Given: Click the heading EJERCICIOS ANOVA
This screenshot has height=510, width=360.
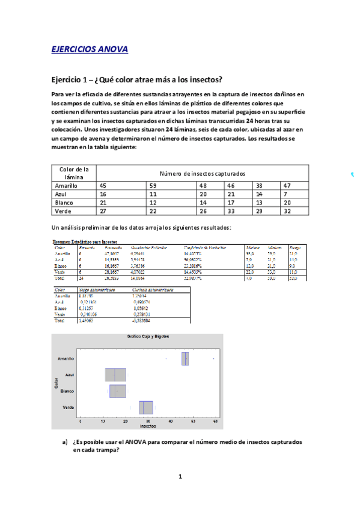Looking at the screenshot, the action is [90, 49].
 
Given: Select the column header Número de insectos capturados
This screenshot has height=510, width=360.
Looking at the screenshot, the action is [202, 173].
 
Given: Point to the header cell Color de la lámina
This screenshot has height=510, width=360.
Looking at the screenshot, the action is [74, 173].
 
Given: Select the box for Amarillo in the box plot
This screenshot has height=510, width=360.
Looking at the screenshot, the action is [185, 358].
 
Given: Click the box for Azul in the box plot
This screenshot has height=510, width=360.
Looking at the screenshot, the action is [115, 375].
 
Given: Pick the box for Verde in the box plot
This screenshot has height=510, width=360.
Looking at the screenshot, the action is [146, 407].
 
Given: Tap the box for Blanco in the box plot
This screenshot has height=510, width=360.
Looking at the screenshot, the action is [117, 391].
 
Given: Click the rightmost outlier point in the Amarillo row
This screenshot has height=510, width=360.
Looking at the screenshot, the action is [213, 358].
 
